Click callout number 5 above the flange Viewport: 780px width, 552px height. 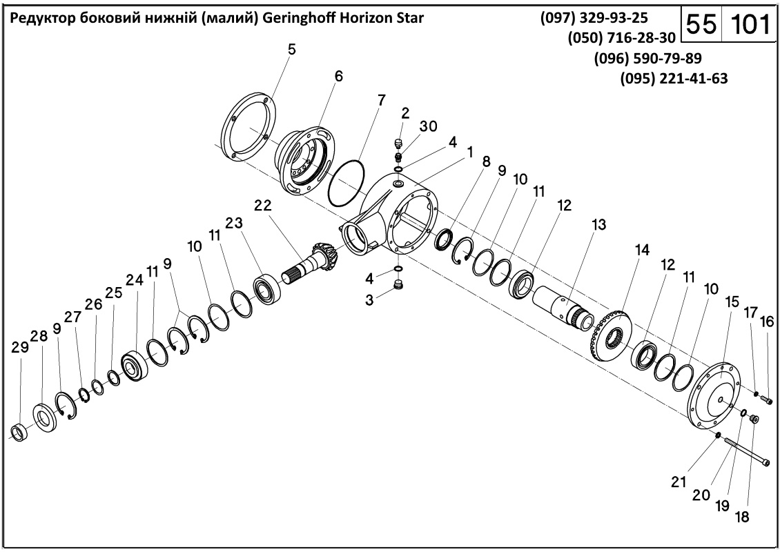tap(292, 49)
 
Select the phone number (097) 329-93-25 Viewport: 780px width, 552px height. tap(598, 18)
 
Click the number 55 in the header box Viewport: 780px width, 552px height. tap(701, 25)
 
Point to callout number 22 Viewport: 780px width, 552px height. tap(263, 206)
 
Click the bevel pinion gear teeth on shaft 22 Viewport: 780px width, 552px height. tap(325, 256)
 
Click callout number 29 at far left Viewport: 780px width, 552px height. tap(21, 348)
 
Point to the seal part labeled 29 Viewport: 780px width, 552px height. tap(19, 433)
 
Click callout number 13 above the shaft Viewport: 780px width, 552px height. tap(598, 225)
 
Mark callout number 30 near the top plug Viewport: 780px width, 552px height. tap(428, 126)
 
